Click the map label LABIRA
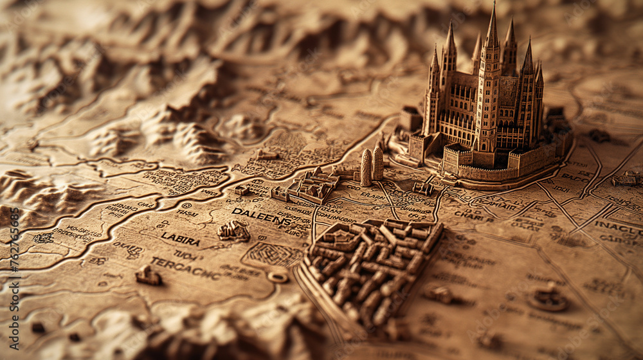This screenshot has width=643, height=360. pyautogui.click(x=180, y=239)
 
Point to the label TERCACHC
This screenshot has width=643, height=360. pyautogui.click(x=185, y=267)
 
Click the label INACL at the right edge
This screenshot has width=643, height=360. pyautogui.click(x=618, y=227)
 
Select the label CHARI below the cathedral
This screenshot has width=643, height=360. pyautogui.click(x=474, y=216)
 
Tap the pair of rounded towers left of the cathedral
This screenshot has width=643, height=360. pyautogui.click(x=372, y=165)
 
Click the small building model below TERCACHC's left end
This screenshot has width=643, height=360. pyautogui.click(x=148, y=276)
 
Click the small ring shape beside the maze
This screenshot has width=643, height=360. pyautogui.click(x=278, y=276)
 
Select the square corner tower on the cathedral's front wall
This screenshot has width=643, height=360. pyautogui.click(x=456, y=158)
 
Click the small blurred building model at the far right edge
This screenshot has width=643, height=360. pyautogui.click(x=626, y=179)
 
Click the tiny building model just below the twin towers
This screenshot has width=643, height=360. pyautogui.click(x=422, y=188)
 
